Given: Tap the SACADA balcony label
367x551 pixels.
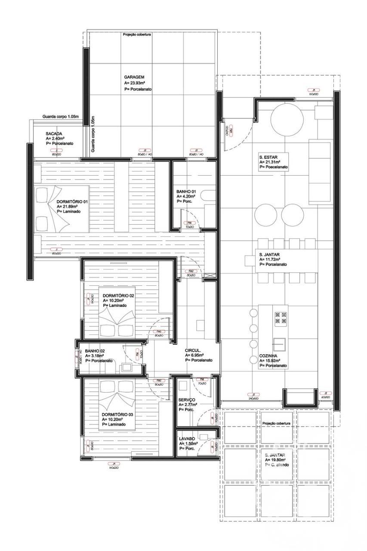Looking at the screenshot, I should coord(54,134).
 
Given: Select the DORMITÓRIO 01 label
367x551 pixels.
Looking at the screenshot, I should coord(72,201).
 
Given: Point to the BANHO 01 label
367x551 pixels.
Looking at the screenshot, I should coord(186,191).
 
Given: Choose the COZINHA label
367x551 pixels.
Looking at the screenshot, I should coord(267,356).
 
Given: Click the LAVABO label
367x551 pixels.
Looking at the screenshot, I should coord(188,439).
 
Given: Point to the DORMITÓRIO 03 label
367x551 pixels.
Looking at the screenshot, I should coord(119,414).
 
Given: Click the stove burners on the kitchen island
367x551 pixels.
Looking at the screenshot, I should coord(281,318).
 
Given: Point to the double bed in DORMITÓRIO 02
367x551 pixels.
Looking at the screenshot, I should coord(117,322).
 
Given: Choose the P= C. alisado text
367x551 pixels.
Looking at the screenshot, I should coord(278,465).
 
